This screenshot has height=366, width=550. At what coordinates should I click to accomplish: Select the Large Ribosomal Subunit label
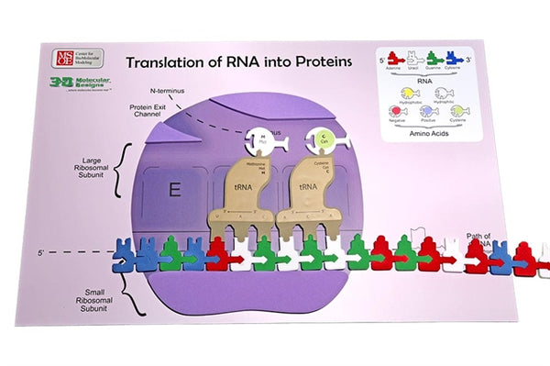coord(91,175)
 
